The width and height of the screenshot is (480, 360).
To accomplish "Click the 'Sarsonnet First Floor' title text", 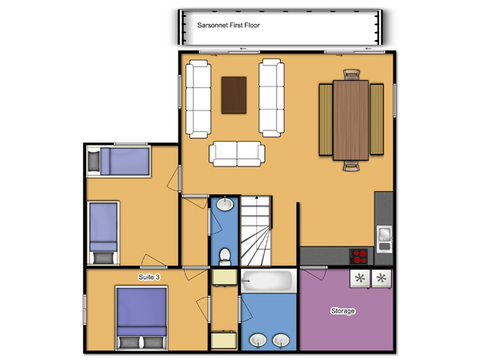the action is (228, 26).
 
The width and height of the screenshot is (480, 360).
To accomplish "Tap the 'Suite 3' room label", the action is (149, 277).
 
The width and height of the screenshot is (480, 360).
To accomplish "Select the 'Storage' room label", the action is (343, 311).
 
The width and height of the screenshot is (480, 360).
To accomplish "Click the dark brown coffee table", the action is (234, 95).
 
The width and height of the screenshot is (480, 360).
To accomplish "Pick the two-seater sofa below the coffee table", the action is (237, 154).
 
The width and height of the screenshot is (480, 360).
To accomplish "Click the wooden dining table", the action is (351, 120).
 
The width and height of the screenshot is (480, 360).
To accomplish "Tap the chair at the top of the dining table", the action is (351, 75).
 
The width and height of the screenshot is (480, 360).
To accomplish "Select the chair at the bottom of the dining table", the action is (351, 166).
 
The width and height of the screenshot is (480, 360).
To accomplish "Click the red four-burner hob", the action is (358, 257).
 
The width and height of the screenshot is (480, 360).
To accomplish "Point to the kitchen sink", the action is (384, 238).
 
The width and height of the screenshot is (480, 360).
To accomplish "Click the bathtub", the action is (269, 281).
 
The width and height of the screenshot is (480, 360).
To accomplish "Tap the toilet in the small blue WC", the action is (225, 257).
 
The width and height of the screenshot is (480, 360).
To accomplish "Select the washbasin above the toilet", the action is (226, 204).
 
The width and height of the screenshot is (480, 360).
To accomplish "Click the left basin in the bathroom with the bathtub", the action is (258, 341).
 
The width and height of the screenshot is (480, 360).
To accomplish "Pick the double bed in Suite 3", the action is (142, 318).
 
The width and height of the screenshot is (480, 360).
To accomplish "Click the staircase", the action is (256, 231).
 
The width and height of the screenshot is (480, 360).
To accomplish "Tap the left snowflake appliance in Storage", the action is (360, 278).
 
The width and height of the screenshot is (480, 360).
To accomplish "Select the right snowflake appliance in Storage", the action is (382, 278).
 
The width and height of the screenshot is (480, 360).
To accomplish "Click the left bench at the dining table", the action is (326, 119).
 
